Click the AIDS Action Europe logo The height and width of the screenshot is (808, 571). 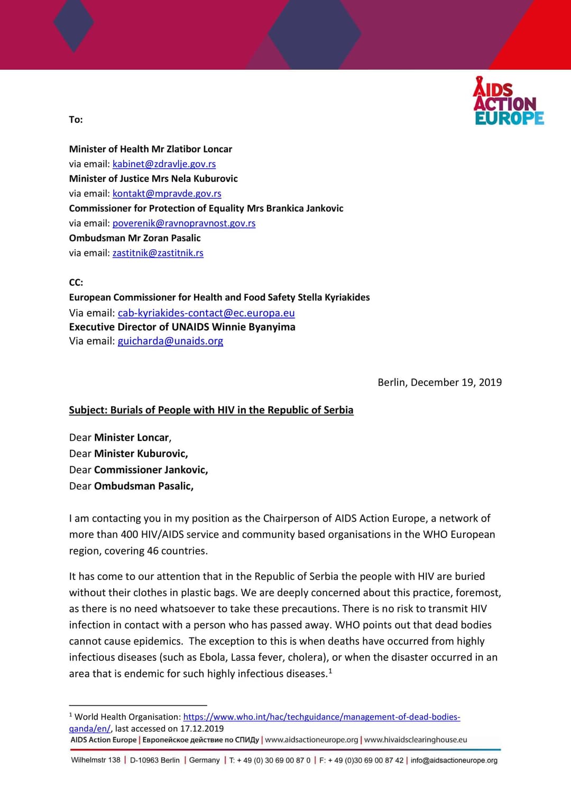point(509,102)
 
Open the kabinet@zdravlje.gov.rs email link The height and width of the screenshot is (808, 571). point(164,164)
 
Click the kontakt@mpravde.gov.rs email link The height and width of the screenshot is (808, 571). point(167,194)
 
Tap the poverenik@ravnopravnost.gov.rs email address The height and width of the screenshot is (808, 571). point(183,223)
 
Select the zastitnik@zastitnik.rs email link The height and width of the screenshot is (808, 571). point(158,253)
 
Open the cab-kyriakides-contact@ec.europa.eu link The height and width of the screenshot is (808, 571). point(206,313)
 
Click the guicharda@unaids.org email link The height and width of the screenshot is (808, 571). point(170,341)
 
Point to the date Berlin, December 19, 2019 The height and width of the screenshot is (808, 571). point(439,383)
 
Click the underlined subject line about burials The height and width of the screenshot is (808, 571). point(211,410)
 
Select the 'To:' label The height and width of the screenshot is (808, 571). point(76,120)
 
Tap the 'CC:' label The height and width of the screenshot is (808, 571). point(76,283)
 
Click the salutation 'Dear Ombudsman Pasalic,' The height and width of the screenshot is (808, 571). point(131,486)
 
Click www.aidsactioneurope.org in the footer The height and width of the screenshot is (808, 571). point(311,740)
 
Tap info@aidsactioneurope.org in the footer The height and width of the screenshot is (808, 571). point(454,760)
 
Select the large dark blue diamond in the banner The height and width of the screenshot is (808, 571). point(315,34)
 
